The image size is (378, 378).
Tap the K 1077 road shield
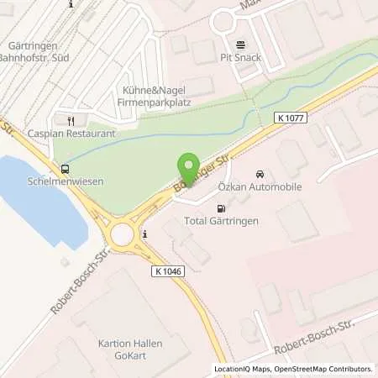tap(291, 119)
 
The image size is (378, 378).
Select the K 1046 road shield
tap(169, 270)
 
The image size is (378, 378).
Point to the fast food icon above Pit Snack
tap(241, 45)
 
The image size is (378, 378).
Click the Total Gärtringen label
tap(222, 221)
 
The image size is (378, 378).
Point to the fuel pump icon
tap(221, 207)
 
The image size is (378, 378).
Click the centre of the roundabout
tap(123, 232)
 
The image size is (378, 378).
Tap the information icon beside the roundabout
tap(145, 233)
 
